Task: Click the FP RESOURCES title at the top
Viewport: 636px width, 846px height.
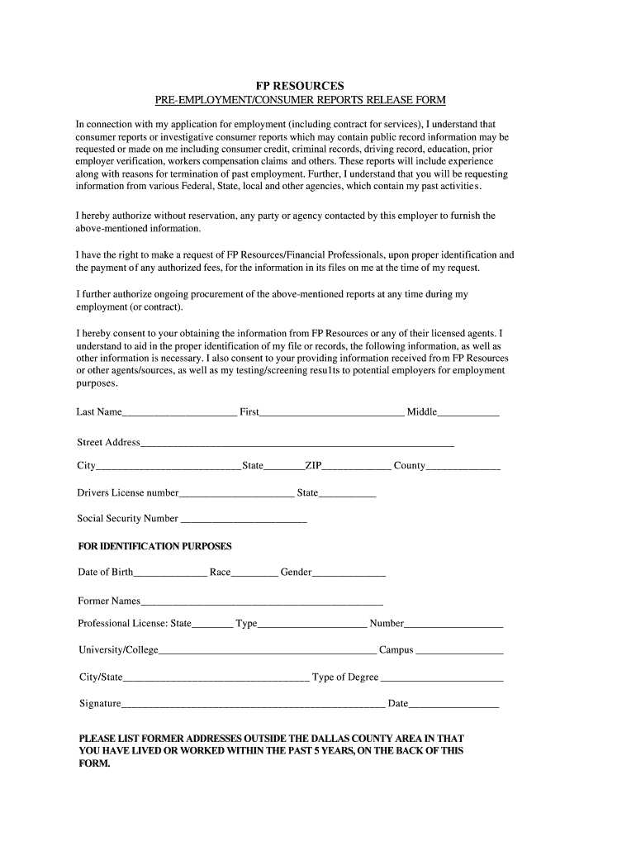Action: [298, 85]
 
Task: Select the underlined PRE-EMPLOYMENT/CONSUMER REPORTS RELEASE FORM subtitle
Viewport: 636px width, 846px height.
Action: [301, 100]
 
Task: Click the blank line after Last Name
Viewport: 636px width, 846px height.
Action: [179, 413]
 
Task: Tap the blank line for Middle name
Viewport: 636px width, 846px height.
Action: [468, 413]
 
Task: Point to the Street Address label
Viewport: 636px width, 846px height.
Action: [108, 442]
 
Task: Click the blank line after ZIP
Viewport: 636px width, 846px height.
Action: [356, 467]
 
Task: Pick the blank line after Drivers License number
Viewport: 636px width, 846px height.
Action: [236, 494]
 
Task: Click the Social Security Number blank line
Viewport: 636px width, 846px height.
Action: [244, 520]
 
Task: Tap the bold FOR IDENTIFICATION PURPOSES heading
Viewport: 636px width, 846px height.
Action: [154, 546]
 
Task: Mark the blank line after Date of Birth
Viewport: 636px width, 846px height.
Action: [170, 573]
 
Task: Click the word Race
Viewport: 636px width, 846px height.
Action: [220, 572]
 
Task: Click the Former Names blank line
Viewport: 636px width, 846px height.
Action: [262, 602]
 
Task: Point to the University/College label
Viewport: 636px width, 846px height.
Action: [118, 650]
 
